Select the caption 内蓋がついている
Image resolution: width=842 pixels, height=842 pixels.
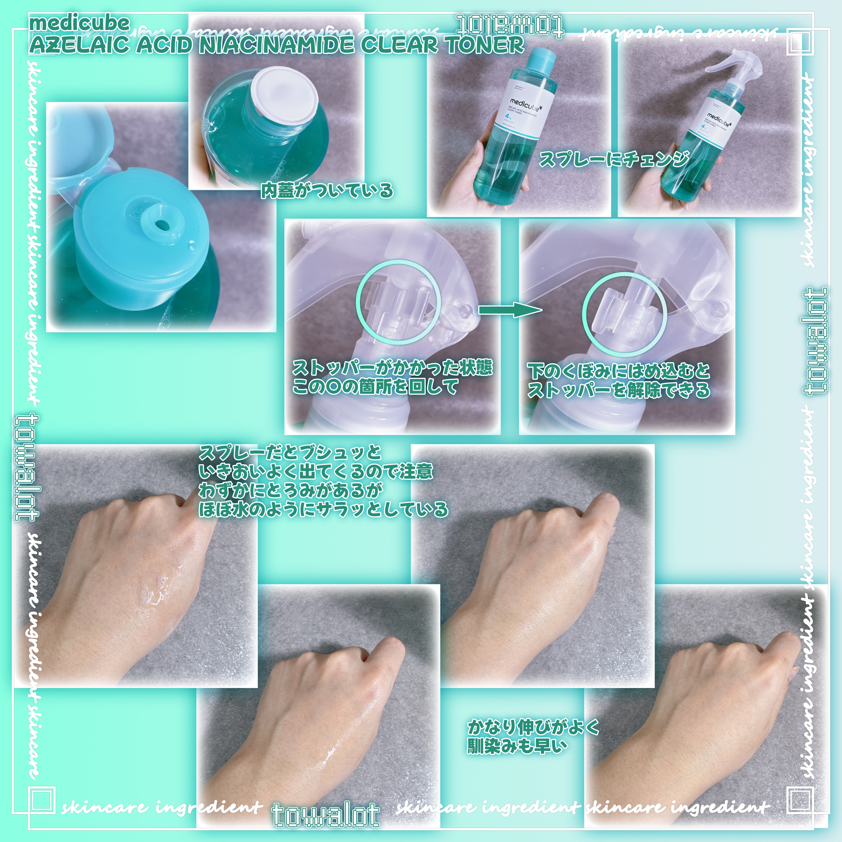327,190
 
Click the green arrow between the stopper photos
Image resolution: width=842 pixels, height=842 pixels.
510,310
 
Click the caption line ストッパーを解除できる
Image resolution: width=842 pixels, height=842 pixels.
619,390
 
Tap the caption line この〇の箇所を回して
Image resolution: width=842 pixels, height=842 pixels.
375,386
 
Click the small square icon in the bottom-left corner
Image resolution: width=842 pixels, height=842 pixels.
42,799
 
